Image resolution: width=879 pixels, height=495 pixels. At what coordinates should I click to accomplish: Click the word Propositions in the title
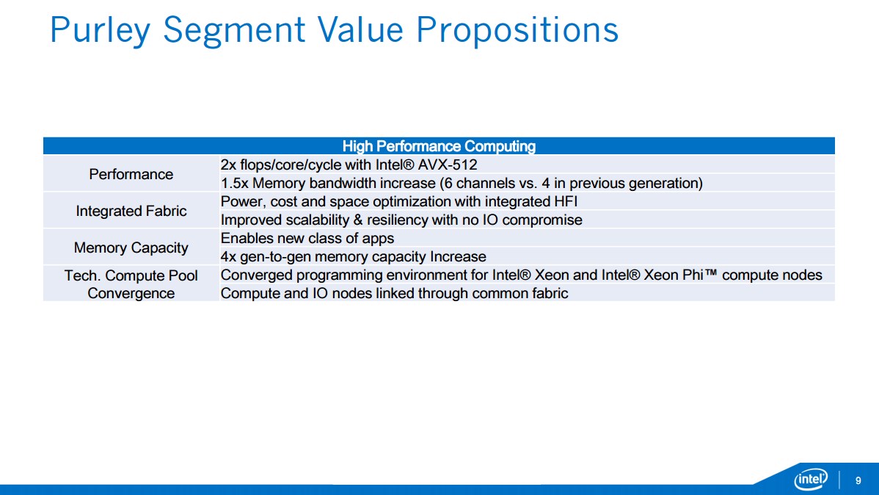[517, 30]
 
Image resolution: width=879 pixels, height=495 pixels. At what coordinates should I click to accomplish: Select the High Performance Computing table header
[439, 146]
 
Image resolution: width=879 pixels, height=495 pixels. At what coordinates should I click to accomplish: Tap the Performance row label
[131, 175]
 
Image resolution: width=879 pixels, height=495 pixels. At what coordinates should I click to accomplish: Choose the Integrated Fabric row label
[131, 211]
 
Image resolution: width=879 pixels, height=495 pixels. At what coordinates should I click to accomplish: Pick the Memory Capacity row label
[131, 248]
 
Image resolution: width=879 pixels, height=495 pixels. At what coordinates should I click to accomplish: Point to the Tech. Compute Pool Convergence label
[131, 284]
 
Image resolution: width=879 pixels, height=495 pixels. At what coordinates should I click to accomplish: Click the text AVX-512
[448, 165]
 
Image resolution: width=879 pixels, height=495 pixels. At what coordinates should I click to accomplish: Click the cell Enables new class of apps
[307, 239]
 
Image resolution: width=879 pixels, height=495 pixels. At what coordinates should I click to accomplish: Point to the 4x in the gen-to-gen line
[228, 257]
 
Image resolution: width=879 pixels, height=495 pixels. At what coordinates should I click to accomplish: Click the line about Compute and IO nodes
[394, 294]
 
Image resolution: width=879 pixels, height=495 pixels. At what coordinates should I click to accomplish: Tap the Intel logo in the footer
[811, 480]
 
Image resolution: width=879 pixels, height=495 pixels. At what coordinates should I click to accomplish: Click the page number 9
[858, 480]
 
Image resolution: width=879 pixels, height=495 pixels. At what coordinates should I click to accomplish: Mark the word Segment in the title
[234, 30]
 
